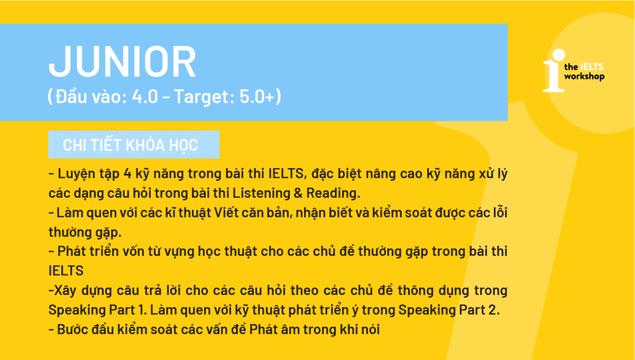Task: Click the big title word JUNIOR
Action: point(122,61)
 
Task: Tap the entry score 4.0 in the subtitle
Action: point(145,96)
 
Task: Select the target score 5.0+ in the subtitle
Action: point(257,96)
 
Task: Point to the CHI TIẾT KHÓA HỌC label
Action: point(130,145)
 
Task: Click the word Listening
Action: point(261,193)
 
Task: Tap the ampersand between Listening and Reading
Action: point(298,193)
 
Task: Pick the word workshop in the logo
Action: point(584,77)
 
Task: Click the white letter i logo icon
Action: point(554,71)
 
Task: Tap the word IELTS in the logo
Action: point(592,67)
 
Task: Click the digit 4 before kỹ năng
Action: point(127,174)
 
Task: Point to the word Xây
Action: point(65,291)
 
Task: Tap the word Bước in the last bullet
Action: point(72,329)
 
